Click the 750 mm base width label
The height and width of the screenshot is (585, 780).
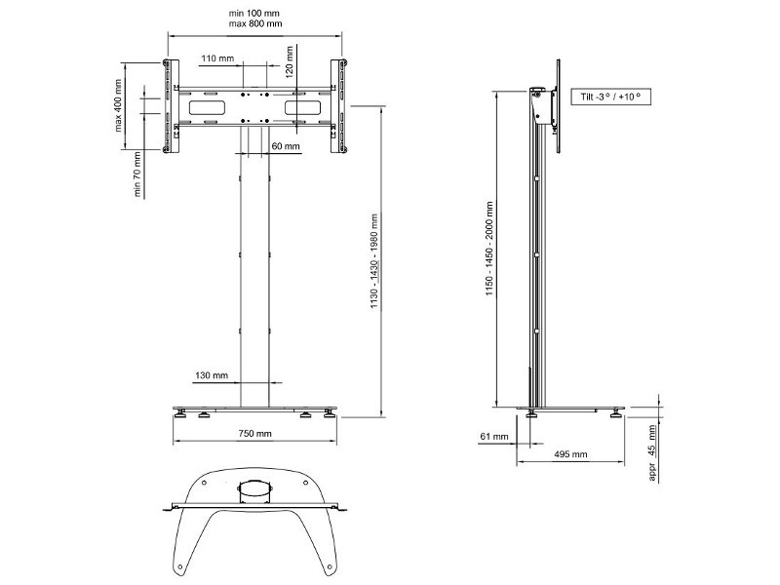[x=254, y=433]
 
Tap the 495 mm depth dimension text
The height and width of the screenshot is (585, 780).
[x=570, y=454]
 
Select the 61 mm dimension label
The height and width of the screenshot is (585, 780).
[x=494, y=436]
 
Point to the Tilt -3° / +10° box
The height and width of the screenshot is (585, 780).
[x=610, y=97]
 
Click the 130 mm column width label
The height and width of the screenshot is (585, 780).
[x=212, y=375]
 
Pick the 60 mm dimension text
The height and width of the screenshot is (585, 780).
[x=286, y=145]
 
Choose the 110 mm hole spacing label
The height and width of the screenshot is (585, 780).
[x=217, y=58]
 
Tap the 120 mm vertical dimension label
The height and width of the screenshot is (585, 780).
[x=290, y=59]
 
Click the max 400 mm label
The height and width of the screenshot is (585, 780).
[x=118, y=105]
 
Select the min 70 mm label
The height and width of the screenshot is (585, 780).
[x=137, y=175]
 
